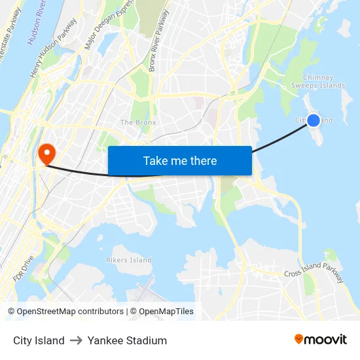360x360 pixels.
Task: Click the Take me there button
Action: (x=180, y=161)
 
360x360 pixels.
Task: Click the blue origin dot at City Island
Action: (x=314, y=120)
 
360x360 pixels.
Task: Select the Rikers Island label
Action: (x=129, y=260)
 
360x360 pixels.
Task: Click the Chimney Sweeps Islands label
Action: (x=318, y=81)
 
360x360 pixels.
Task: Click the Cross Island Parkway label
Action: (x=314, y=276)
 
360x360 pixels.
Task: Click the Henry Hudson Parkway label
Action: (x=54, y=48)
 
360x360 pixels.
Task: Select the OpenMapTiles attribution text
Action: (x=162, y=312)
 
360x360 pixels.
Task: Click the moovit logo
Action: (x=320, y=340)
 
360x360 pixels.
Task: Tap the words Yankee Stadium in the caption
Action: (x=127, y=340)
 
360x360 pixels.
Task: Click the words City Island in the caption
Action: (x=39, y=340)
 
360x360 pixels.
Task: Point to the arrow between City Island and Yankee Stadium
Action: (x=76, y=340)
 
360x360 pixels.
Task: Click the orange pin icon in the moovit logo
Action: (x=299, y=339)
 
